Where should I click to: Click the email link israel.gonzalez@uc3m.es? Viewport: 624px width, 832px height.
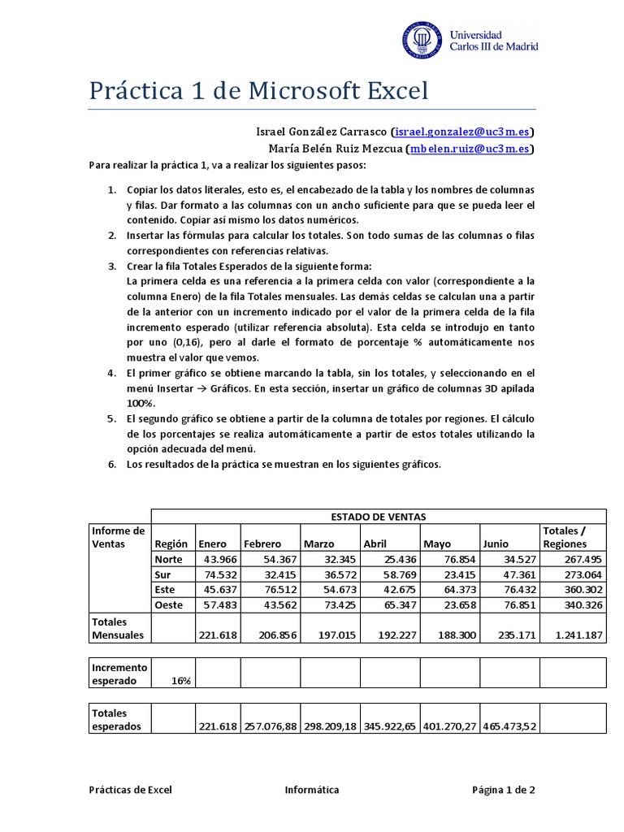[462, 132]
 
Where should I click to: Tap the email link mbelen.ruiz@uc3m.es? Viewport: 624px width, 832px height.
[471, 149]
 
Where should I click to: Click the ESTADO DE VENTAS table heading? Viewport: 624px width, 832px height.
[379, 517]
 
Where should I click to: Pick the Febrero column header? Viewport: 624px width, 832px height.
[262, 544]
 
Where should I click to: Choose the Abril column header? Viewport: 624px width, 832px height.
[375, 544]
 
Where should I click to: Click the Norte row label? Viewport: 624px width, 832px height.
[168, 559]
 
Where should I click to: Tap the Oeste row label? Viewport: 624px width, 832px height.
[170, 605]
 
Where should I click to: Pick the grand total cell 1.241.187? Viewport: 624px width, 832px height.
[574, 635]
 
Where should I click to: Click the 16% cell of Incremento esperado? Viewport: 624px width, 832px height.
[180, 681]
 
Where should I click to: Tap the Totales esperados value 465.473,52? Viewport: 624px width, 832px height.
[509, 726]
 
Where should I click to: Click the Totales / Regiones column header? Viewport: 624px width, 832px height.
[566, 537]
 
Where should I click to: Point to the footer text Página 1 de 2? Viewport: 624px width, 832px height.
[504, 790]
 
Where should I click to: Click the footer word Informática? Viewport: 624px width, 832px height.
[312, 790]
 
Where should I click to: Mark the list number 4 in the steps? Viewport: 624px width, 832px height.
[113, 373]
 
